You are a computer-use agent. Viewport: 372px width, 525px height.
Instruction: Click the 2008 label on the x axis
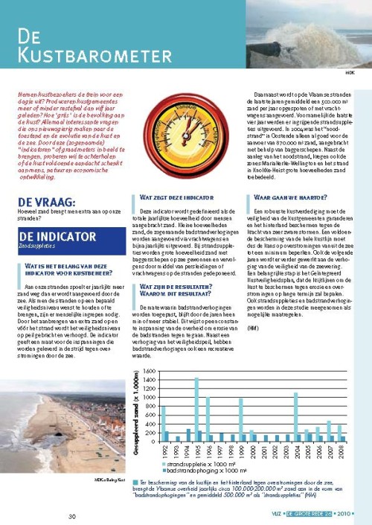coord(340,451)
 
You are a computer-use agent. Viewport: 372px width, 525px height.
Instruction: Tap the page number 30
coord(71,516)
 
